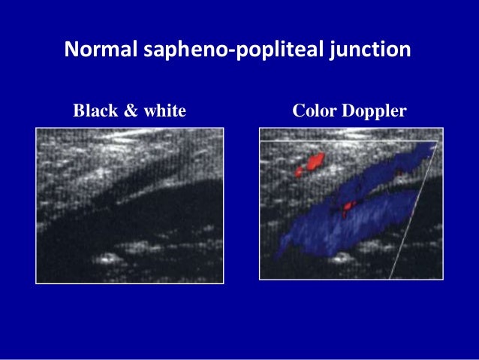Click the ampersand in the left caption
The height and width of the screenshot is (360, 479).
click(130, 111)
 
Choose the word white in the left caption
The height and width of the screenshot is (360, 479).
click(164, 111)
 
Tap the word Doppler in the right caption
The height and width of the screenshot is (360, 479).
click(375, 111)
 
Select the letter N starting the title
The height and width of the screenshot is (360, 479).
click(71, 51)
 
